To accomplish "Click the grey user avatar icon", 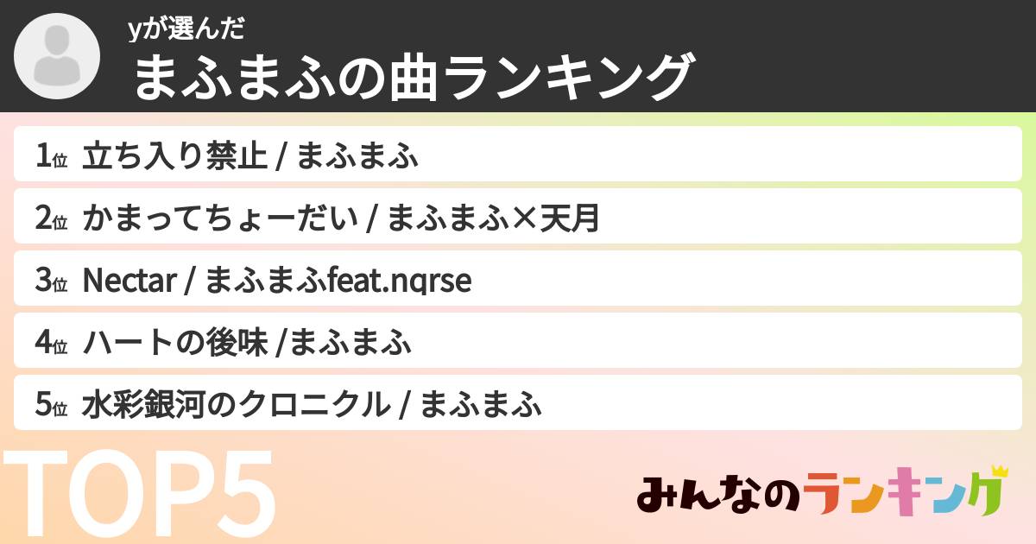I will tap(57, 57).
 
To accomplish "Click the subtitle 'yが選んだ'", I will tap(186, 29).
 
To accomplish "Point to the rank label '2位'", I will tap(51, 219).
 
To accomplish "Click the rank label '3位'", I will tap(51, 281).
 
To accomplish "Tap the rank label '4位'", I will tap(51, 344).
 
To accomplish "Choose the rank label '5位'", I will tap(51, 406).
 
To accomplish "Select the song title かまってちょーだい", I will tap(219, 219).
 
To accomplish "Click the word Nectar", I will tap(129, 281).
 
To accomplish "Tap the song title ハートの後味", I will tap(174, 344).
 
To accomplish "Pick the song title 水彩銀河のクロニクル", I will tap(235, 406).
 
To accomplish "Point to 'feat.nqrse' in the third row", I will tap(401, 281).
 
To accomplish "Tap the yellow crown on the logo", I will tap(1000, 471).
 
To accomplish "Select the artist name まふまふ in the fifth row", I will tap(481, 406).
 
